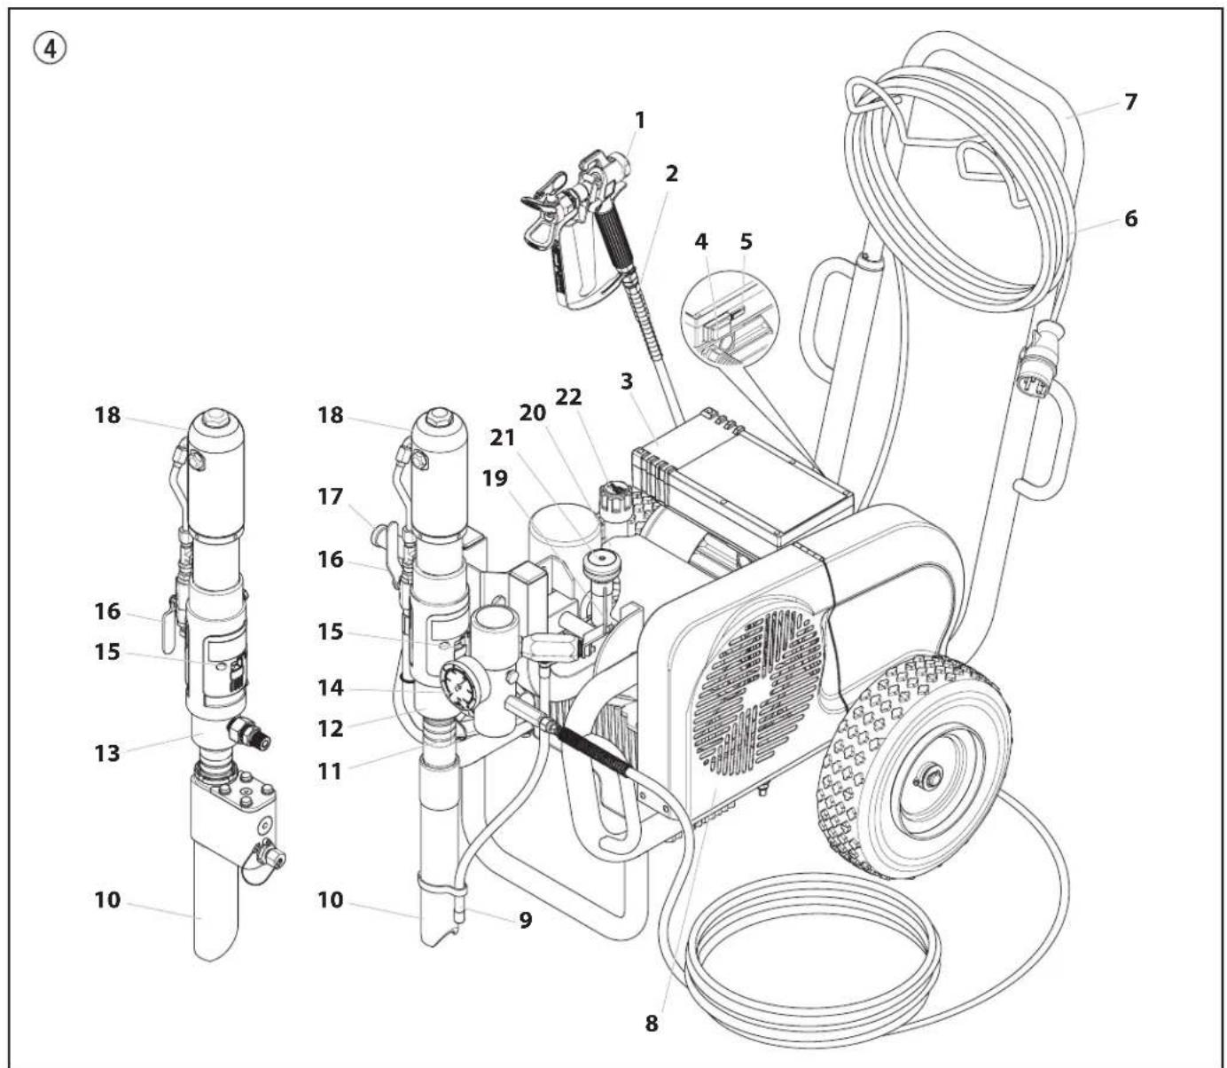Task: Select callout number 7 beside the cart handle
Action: click(1129, 102)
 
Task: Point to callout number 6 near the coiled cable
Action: click(1130, 218)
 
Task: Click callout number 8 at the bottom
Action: click(652, 1023)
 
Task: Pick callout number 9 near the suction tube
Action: click(526, 920)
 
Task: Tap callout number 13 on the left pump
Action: click(107, 753)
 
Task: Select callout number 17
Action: click(331, 497)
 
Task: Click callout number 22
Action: click(568, 397)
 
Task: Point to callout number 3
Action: click(627, 383)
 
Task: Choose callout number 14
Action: click(331, 687)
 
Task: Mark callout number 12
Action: click(331, 727)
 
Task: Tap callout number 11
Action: click(331, 771)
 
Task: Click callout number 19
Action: click(496, 478)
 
